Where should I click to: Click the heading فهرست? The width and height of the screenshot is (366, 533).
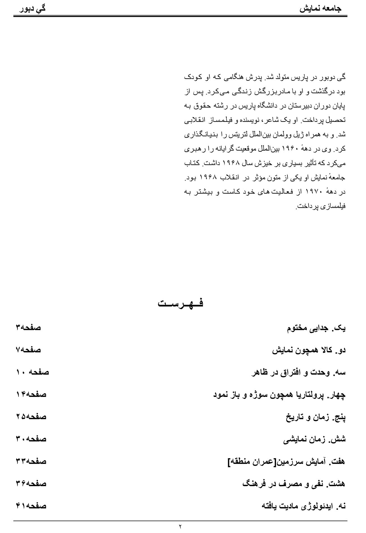[x=180, y=303]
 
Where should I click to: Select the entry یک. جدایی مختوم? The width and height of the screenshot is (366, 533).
[x=316, y=328]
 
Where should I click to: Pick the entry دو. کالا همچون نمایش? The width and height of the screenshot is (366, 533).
[x=309, y=350]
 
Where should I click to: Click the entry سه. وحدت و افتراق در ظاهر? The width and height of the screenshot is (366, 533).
[x=298, y=373]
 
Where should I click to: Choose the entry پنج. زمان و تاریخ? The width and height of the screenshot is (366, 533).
[x=315, y=417]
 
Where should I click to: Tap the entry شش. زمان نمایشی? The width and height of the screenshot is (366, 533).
[x=314, y=440]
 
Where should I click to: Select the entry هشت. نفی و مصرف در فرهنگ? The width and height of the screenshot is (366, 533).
[x=294, y=484]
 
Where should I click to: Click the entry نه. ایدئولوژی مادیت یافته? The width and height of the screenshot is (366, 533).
[x=303, y=506]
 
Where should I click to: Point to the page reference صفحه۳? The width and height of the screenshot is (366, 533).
[x=28, y=328]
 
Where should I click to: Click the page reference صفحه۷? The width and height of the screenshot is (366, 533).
[x=28, y=350]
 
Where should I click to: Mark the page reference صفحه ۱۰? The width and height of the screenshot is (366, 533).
[x=32, y=372]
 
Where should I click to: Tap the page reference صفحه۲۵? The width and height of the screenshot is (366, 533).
[x=31, y=417]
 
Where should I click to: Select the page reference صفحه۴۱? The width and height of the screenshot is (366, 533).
[x=31, y=506]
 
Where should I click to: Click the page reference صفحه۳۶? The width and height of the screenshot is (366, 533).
[x=31, y=484]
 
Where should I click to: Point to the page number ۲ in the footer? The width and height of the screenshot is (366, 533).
[x=180, y=527]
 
